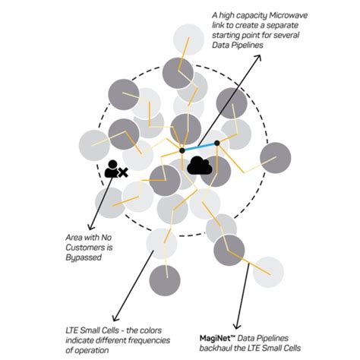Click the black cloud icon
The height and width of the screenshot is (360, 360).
click(200, 166)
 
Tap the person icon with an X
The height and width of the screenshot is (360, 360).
click(116, 169)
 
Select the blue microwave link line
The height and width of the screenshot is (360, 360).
click(200, 147)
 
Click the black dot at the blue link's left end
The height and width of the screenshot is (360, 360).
click(182, 150)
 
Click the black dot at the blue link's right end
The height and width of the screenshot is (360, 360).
click(217, 143)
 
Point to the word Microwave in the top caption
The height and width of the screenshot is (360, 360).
click(288, 15)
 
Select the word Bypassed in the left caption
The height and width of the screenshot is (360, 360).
click(84, 257)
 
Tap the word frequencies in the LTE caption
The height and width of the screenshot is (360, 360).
click(149, 340)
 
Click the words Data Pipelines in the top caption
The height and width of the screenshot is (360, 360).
click(238, 46)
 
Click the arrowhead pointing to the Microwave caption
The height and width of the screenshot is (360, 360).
click(258, 57)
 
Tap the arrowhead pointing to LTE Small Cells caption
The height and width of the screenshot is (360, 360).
click(115, 318)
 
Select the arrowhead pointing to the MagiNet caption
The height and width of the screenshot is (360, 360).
click(237, 325)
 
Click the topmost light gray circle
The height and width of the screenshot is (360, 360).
click(188, 39)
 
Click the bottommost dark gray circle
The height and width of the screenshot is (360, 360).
click(165, 280)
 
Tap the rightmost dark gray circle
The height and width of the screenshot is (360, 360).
click(276, 158)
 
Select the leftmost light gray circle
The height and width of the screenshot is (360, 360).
click(94, 145)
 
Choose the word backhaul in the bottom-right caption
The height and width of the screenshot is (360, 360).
click(213, 348)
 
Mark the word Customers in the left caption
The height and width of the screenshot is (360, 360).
click(89, 248)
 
